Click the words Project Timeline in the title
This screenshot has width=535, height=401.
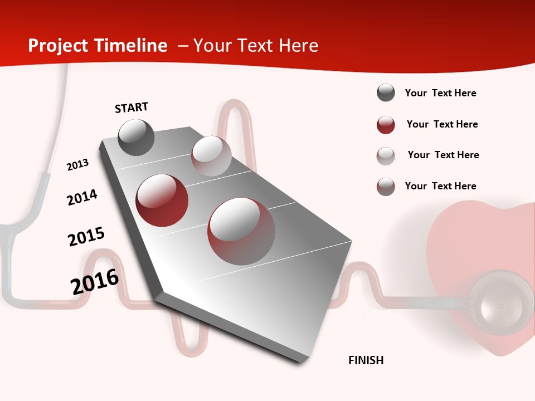98,46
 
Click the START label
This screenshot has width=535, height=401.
132,107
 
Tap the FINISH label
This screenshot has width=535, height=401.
366,360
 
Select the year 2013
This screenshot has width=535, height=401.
78,165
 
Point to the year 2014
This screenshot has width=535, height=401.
82,197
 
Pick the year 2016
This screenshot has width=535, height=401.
95,282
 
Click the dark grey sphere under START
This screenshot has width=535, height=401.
136,138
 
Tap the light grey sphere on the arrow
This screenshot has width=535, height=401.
211,156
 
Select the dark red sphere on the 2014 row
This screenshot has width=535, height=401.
162,200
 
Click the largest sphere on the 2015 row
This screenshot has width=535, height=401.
241,231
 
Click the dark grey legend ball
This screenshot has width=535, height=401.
386,93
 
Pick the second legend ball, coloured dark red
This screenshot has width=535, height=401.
386,125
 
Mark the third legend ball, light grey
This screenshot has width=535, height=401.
386,156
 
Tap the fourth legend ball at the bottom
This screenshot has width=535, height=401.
386,187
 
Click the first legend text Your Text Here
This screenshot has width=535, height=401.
440,94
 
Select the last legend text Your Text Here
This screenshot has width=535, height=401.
440,186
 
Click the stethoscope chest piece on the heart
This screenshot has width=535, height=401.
501,304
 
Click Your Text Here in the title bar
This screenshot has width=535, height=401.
255,46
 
